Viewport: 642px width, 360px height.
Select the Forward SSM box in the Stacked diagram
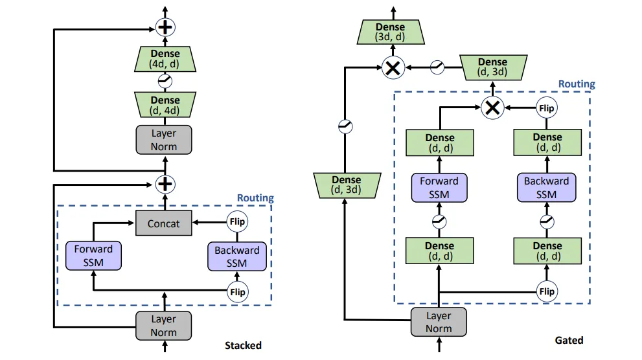click(x=93, y=256)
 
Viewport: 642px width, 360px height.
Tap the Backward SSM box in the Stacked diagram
click(x=237, y=256)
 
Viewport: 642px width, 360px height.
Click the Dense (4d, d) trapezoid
click(x=165, y=59)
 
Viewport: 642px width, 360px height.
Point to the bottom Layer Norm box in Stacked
click(x=164, y=326)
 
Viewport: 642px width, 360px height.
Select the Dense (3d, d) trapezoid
click(x=391, y=32)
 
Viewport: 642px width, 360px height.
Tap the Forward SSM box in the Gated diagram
click(x=439, y=188)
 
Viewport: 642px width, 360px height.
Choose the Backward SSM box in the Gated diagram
click(x=546, y=188)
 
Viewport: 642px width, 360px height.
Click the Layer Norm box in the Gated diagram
click(x=439, y=322)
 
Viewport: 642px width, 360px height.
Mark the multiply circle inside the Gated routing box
click(x=493, y=108)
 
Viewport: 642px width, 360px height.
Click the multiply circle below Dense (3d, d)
click(x=391, y=67)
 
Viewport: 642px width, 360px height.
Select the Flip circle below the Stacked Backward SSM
click(x=238, y=292)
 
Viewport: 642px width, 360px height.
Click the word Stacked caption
click(x=243, y=346)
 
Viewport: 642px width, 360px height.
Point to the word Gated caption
click(x=569, y=341)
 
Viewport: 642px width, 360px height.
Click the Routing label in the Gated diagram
click(x=577, y=84)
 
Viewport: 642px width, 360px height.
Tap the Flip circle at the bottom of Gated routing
click(x=547, y=291)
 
